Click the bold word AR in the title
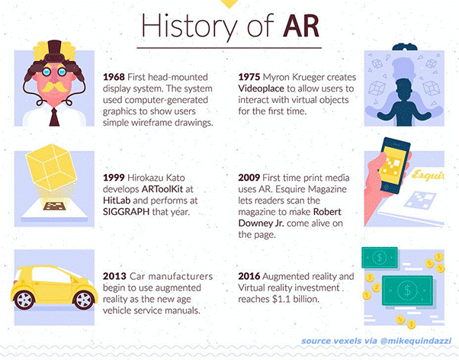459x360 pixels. click(300, 26)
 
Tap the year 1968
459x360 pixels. click(114, 77)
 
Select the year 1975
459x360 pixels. click(249, 77)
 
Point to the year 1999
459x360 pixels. click(114, 178)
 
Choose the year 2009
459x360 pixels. click(249, 178)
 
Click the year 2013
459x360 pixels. click(114, 276)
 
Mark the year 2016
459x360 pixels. click(249, 276)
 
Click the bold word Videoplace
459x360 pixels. click(261, 88)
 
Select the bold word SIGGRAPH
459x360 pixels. click(126, 212)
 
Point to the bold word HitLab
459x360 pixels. click(117, 201)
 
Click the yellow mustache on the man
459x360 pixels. click(54, 87)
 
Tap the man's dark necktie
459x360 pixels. click(54, 117)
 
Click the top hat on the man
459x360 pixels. click(54, 48)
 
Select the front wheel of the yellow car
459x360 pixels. click(84, 300)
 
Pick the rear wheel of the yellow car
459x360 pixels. click(24, 300)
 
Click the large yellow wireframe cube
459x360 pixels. click(51, 167)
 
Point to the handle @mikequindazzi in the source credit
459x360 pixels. click(416, 341)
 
